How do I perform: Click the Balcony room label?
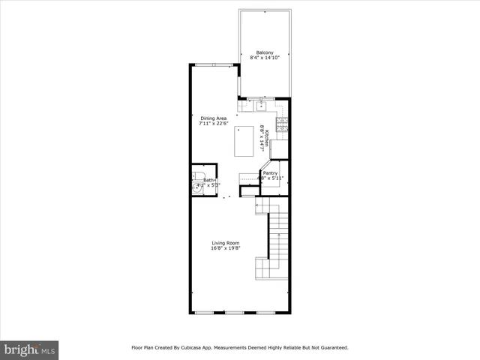(265, 52)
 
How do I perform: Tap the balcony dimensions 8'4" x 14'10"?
(265, 58)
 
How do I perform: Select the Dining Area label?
(213, 118)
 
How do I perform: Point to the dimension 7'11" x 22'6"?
(213, 123)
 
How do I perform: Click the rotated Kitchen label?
(267, 138)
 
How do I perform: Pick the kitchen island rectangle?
(244, 141)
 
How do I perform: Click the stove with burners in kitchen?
(283, 125)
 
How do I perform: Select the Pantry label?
(270, 172)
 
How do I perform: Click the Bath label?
(208, 180)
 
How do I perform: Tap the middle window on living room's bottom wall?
(234, 312)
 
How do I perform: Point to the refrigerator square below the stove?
(280, 149)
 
